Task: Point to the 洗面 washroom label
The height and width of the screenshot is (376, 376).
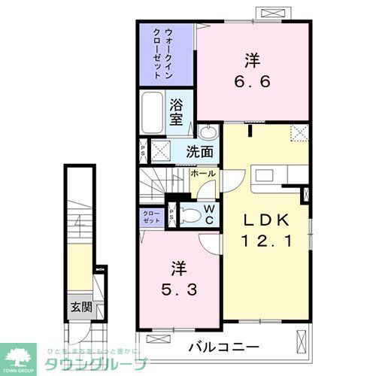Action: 200,150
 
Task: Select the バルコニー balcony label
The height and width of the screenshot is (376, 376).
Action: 224,347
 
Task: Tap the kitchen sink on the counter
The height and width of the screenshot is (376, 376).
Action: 266,175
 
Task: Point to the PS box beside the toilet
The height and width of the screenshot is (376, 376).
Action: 171,217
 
